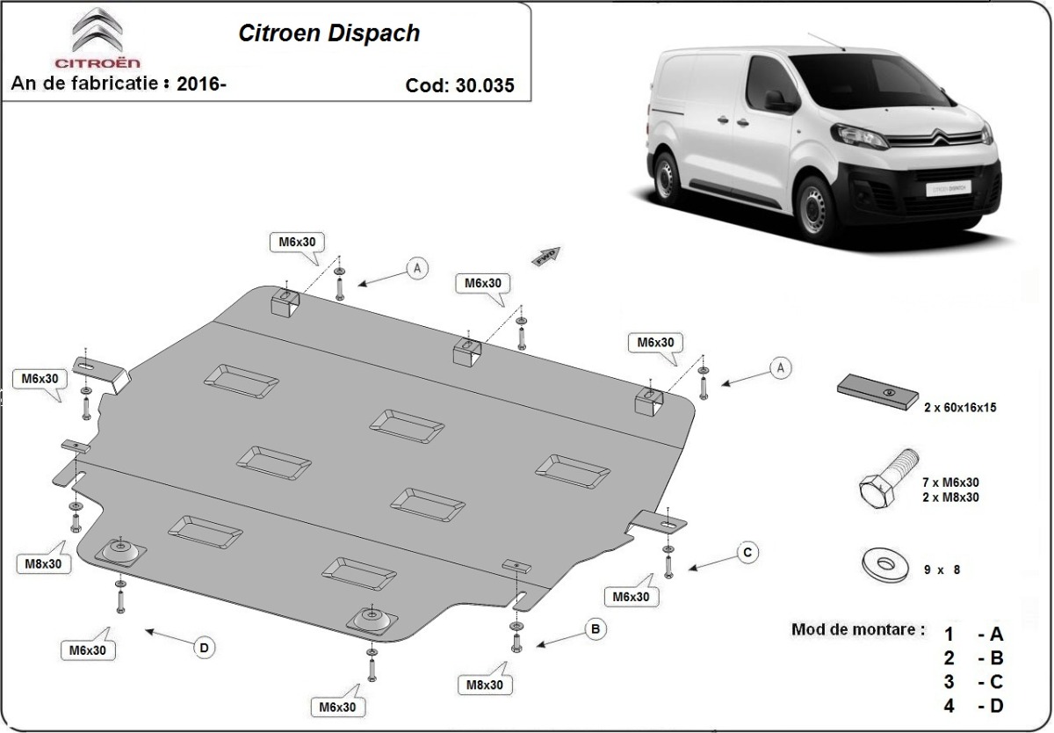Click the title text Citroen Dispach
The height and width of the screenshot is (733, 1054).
(x=329, y=33)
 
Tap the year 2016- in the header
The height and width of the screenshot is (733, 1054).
(x=201, y=84)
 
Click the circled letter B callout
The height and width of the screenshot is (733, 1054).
(x=596, y=628)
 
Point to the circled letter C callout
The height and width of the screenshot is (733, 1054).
(x=747, y=552)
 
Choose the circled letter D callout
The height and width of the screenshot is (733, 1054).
(x=204, y=649)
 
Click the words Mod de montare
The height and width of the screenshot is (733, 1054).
(x=857, y=629)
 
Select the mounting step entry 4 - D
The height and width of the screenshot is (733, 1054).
(x=973, y=705)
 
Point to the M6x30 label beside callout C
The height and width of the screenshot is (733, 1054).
(x=631, y=597)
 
